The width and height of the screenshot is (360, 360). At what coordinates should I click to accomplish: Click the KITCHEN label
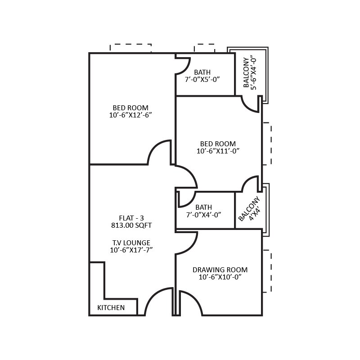111,308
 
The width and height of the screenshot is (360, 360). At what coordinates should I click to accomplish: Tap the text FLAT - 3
131,217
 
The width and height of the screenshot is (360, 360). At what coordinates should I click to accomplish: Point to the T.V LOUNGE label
131,243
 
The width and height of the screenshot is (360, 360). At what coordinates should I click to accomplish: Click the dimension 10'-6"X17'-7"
131,250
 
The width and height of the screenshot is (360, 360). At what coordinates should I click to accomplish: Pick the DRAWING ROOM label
220,270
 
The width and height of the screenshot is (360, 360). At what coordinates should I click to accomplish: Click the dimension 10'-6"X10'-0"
220,277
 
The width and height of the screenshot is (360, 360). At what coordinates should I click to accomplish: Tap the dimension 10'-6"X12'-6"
130,115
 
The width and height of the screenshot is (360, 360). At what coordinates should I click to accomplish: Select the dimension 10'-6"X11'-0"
218,151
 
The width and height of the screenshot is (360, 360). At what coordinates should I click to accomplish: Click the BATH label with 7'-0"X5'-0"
202,72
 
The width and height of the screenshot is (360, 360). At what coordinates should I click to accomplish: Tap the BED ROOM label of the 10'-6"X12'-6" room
130,108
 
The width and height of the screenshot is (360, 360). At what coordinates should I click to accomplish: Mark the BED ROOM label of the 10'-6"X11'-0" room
218,144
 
